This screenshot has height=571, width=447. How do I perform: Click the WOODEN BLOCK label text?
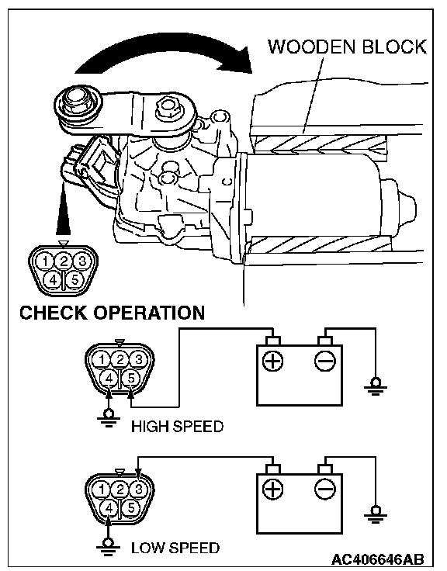click(347, 47)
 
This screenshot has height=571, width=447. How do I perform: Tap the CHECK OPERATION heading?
click(113, 313)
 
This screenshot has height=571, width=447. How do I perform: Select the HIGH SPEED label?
click(177, 427)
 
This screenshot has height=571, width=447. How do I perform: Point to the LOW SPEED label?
click(175, 548)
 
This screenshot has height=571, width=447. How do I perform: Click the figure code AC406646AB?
click(377, 559)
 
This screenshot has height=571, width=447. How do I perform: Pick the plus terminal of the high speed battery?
click(273, 362)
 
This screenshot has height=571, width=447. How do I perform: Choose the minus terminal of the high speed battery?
click(324, 362)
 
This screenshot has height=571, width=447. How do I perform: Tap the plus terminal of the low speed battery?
click(273, 488)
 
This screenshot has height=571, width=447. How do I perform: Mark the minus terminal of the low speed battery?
click(324, 488)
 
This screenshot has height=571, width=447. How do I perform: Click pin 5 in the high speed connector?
click(131, 379)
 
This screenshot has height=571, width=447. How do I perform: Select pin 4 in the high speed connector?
click(109, 379)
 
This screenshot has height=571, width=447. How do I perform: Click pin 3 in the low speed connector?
click(138, 489)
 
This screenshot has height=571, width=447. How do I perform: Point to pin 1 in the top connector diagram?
click(45, 261)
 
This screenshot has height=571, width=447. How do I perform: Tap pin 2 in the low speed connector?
click(120, 489)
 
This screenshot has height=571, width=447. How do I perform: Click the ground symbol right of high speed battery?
click(376, 386)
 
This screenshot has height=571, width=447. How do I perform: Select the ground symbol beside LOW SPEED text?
click(108, 546)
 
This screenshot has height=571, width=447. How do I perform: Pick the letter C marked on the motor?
click(227, 181)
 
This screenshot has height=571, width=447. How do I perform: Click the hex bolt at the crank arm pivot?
click(168, 106)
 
